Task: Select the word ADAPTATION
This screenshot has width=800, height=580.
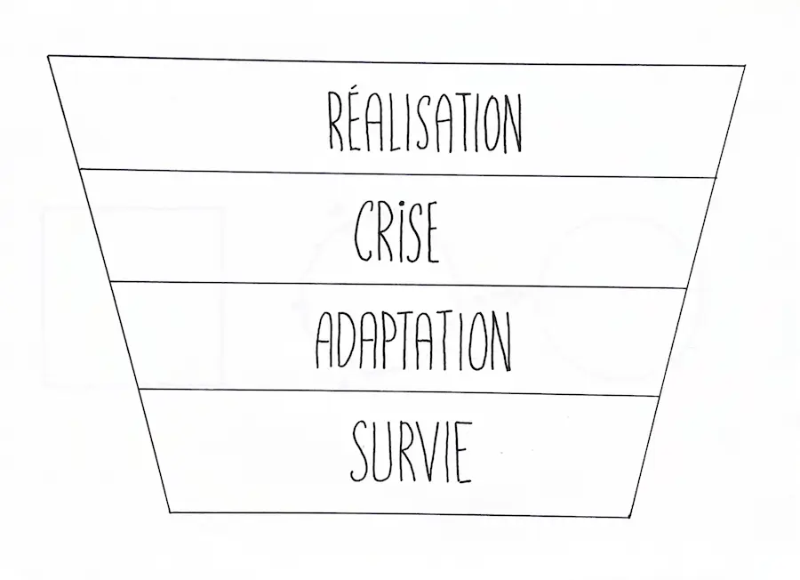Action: click(x=414, y=341)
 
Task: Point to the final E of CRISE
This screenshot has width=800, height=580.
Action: click(x=429, y=233)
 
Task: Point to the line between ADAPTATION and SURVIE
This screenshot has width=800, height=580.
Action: click(x=400, y=392)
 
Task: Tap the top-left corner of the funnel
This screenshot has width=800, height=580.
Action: click(x=49, y=57)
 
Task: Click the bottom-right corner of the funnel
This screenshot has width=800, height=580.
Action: click(x=629, y=516)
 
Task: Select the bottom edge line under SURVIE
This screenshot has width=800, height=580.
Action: click(x=400, y=514)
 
